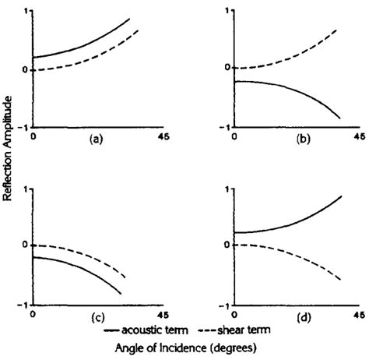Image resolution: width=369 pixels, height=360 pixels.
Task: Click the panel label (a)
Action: pyautogui.click(x=97, y=141)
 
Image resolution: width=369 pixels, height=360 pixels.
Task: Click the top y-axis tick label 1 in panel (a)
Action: pyautogui.click(x=26, y=11)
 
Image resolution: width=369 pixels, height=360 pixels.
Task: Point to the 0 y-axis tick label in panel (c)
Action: pyautogui.click(x=26, y=245)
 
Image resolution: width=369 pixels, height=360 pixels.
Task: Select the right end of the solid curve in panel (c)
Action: pyautogui.click(x=121, y=294)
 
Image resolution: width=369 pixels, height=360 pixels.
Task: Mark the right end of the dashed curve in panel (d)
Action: pyautogui.click(x=341, y=280)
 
